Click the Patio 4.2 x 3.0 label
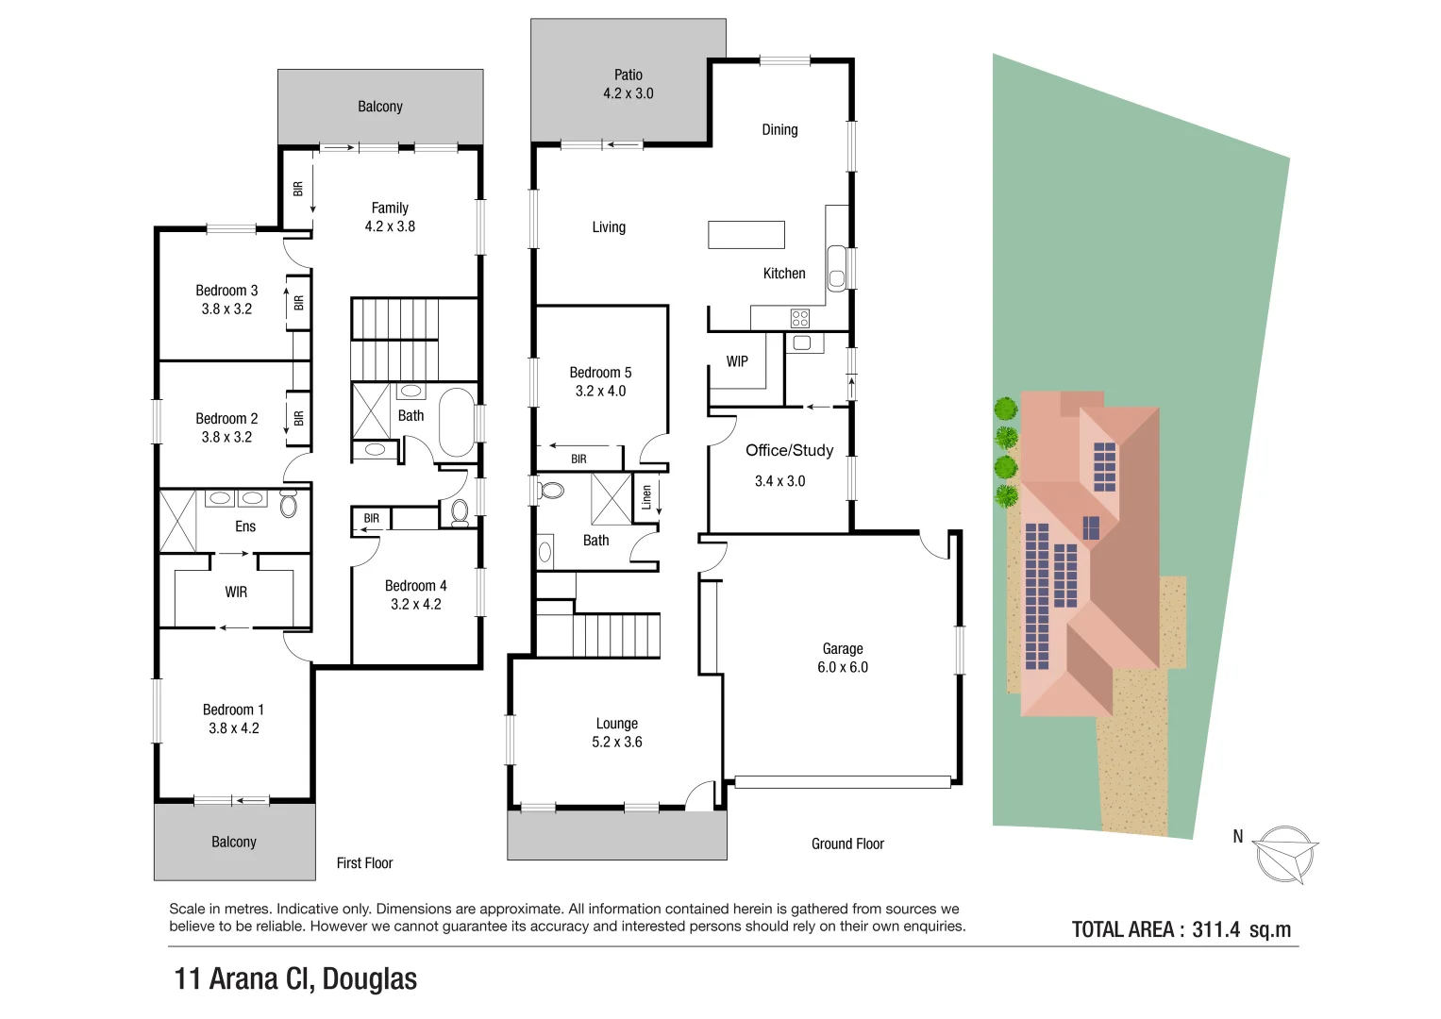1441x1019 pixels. tap(628, 84)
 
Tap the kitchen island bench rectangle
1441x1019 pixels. tap(746, 234)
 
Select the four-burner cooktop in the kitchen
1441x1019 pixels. tap(800, 318)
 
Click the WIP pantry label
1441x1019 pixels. tap(737, 361)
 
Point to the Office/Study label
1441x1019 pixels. tap(789, 450)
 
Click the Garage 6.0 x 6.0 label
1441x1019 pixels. tap(842, 658)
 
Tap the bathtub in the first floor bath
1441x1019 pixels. tap(457, 422)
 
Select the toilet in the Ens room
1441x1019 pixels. tap(289, 504)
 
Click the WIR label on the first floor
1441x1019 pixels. tap(236, 592)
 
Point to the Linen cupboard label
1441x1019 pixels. tap(646, 496)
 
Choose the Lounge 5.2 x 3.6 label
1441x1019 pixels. tap(616, 732)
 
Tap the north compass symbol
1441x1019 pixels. tap(1284, 854)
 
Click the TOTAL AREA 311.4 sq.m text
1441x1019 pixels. tap(1181, 929)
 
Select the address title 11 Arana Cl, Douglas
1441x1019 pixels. tap(295, 978)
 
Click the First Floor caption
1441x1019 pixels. tap(364, 862)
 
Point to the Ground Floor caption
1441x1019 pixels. tap(847, 844)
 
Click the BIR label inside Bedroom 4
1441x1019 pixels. tap(372, 518)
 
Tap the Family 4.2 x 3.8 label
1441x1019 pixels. tap(390, 217)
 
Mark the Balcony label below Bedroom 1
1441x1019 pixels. tap(234, 842)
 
